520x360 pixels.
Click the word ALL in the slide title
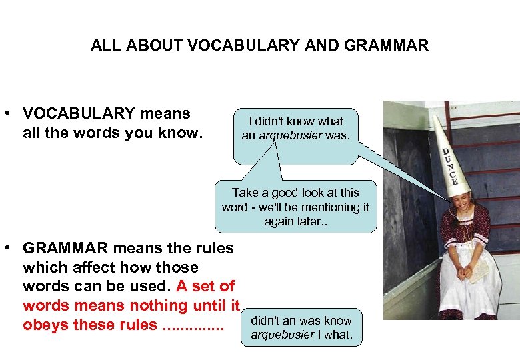103,46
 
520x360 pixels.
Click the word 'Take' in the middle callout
245,193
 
